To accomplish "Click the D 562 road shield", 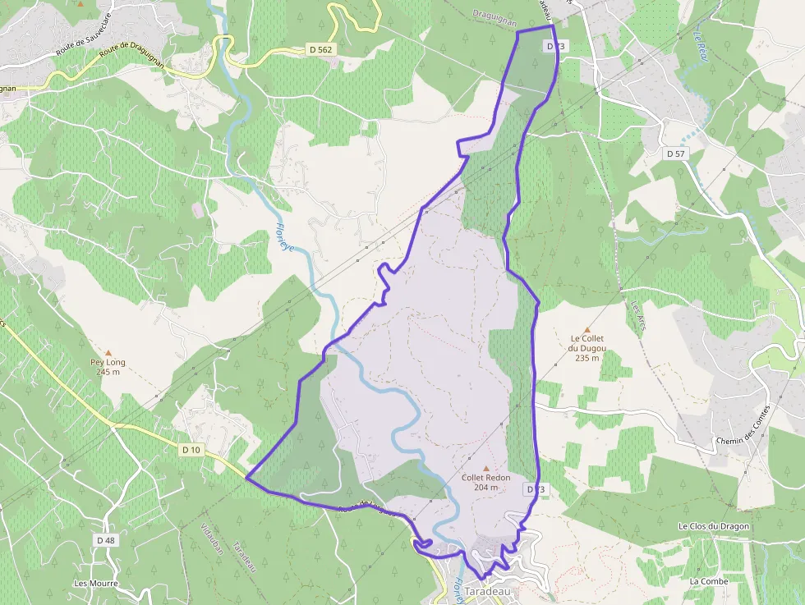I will point(321,50).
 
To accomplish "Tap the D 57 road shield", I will point(675,154).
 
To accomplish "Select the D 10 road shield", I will point(191,450).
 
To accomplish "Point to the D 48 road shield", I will point(105,540).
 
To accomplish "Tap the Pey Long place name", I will point(108,361).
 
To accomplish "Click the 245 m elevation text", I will point(108,372).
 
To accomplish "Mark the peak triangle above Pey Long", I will point(108,351).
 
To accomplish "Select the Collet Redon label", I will point(486,478).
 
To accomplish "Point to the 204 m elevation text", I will point(486,488).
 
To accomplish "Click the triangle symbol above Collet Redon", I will point(486,468).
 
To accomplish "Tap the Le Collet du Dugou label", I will point(587,343).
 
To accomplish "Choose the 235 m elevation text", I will point(587,358).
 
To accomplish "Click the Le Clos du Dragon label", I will point(714,525).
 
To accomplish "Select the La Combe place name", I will point(708,581).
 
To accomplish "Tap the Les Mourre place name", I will point(95,584).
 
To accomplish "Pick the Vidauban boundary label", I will point(212,539).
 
